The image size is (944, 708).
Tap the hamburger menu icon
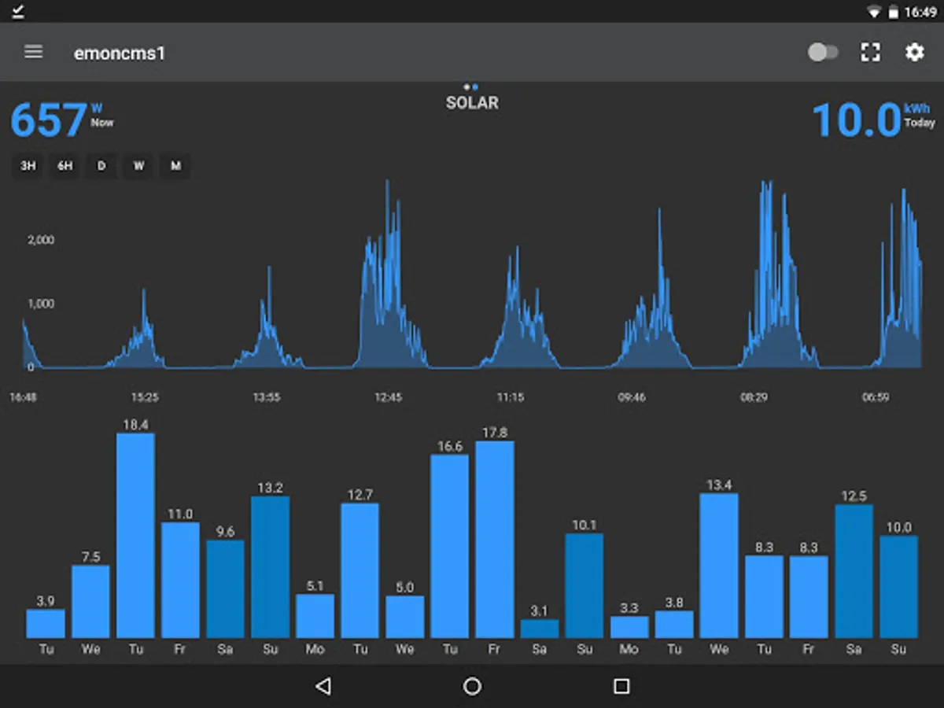pyautogui.click(x=33, y=52)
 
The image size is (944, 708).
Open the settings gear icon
pyautogui.click(x=914, y=53)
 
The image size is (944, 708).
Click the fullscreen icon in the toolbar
pyautogui.click(x=870, y=53)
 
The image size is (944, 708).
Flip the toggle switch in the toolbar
pyautogui.click(x=823, y=53)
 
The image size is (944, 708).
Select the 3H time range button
pyautogui.click(x=28, y=166)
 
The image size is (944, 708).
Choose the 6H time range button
pyautogui.click(x=65, y=166)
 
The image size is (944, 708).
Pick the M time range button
pyautogui.click(x=175, y=166)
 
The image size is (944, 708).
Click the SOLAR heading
pyautogui.click(x=472, y=103)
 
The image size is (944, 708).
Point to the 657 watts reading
pyautogui.click(x=49, y=120)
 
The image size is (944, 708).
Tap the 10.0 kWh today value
pyautogui.click(x=856, y=121)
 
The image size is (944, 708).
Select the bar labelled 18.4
pyautogui.click(x=135, y=535)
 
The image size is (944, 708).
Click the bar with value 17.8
pyautogui.click(x=495, y=539)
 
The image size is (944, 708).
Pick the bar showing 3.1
pyautogui.click(x=540, y=629)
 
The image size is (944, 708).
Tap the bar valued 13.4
pyautogui.click(x=719, y=565)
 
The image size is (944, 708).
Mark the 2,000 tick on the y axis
pyautogui.click(x=41, y=240)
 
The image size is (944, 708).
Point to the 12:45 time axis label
pyautogui.click(x=388, y=397)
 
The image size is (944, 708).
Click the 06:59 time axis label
pyautogui.click(x=875, y=397)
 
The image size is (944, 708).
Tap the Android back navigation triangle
pyautogui.click(x=323, y=686)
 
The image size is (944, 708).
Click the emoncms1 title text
pyautogui.click(x=120, y=53)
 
